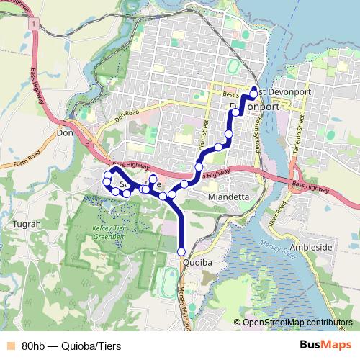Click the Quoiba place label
(x=198, y=263)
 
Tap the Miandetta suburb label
(x=228, y=197)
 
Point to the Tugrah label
(x=27, y=224)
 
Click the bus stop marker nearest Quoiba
(x=181, y=251)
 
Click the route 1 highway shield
(x=33, y=23)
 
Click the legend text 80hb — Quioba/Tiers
(x=71, y=346)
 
